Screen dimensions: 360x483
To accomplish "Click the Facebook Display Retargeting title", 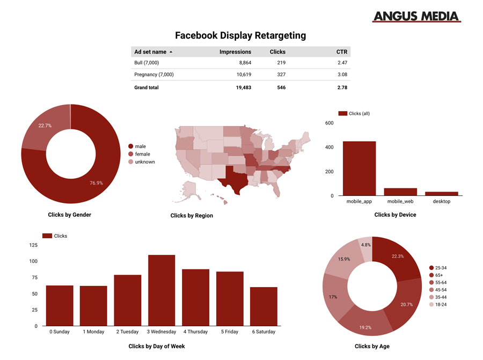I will (x=240, y=35).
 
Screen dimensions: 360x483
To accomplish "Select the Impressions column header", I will (x=235, y=52).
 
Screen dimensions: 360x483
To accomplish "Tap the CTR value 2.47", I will (x=342, y=63).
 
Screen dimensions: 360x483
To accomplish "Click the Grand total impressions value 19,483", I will (x=241, y=87).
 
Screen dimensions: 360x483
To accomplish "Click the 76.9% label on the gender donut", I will (x=97, y=183).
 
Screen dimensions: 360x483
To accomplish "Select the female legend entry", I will (x=142, y=154).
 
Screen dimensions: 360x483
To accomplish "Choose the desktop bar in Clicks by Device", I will (x=442, y=194).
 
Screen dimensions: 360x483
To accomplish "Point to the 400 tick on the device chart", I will (x=330, y=148).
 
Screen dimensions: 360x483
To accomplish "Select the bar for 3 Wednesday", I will (x=162, y=290).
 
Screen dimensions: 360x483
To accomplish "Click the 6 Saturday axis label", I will (x=264, y=332).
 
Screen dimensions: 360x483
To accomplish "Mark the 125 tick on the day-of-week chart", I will (x=33, y=245).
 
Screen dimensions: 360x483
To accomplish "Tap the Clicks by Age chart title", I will (x=372, y=347).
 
